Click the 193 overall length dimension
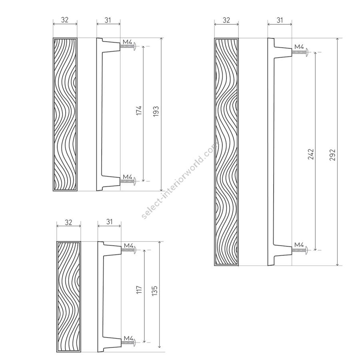(x=156, y=111)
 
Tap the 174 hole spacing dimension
(x=139, y=110)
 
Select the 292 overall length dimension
(x=332, y=155)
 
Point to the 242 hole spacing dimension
(x=311, y=154)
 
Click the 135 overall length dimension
(x=154, y=290)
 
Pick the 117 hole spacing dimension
(x=139, y=290)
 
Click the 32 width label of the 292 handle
(x=226, y=20)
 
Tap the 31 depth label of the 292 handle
(x=280, y=20)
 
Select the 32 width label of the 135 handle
(x=68, y=222)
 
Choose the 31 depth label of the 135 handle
(x=110, y=222)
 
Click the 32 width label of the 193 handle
(x=65, y=20)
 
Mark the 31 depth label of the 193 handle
(x=108, y=20)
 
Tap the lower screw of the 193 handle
(x=128, y=181)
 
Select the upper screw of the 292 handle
(x=300, y=52)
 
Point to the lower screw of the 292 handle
(x=300, y=250)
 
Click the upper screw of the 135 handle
(x=129, y=250)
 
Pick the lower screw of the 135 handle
(x=129, y=342)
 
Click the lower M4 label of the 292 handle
(x=299, y=245)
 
